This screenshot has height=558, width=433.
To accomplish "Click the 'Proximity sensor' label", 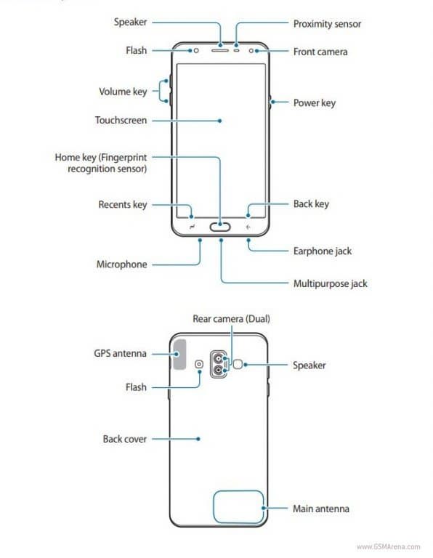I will [x=327, y=24].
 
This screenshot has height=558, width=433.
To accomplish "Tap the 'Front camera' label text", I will [x=320, y=52].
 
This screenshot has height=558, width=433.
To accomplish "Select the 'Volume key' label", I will [x=123, y=92].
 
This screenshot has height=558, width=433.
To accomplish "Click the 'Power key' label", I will [x=314, y=103].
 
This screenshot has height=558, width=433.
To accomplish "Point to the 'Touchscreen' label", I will [x=121, y=121].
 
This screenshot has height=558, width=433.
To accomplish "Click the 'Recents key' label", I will [x=122, y=205].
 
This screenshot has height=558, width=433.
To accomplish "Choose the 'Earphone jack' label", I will [x=323, y=251].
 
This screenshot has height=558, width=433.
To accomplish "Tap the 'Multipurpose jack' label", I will [x=330, y=283].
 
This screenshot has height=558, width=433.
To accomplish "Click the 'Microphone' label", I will [x=121, y=264].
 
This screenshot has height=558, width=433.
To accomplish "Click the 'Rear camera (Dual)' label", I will [x=232, y=318].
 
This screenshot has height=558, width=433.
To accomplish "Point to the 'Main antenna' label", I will [x=320, y=509].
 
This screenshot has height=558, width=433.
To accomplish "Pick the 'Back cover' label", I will [x=125, y=440].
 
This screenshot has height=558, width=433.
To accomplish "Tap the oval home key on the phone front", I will [x=220, y=227].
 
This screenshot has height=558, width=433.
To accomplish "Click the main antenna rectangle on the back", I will [x=238, y=506].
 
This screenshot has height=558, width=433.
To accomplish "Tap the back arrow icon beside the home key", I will [x=248, y=227].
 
